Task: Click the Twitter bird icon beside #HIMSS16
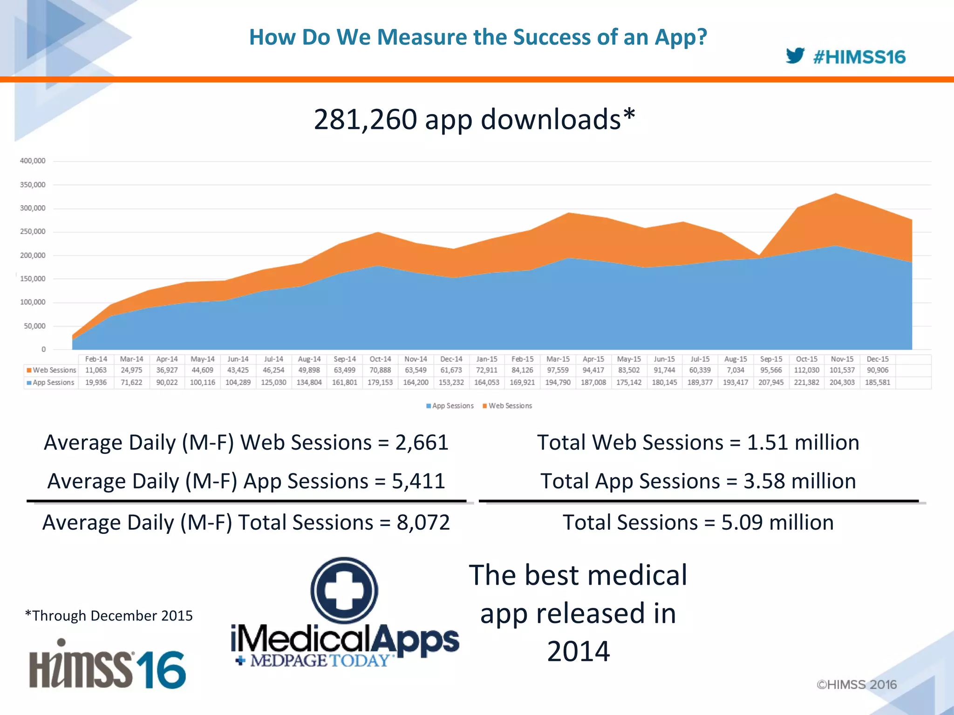point(795,56)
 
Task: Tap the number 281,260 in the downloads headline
point(365,120)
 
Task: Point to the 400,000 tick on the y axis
point(33,161)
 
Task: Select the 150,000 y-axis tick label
point(33,279)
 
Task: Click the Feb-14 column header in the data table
point(96,359)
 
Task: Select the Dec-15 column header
point(878,359)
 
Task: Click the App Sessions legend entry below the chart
point(450,406)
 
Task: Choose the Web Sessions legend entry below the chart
point(507,406)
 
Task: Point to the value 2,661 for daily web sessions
point(422,442)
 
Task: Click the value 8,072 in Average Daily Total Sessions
point(423,522)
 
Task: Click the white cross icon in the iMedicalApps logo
point(344,590)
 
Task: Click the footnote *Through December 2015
point(109,615)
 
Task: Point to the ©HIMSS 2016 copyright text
point(856,684)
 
